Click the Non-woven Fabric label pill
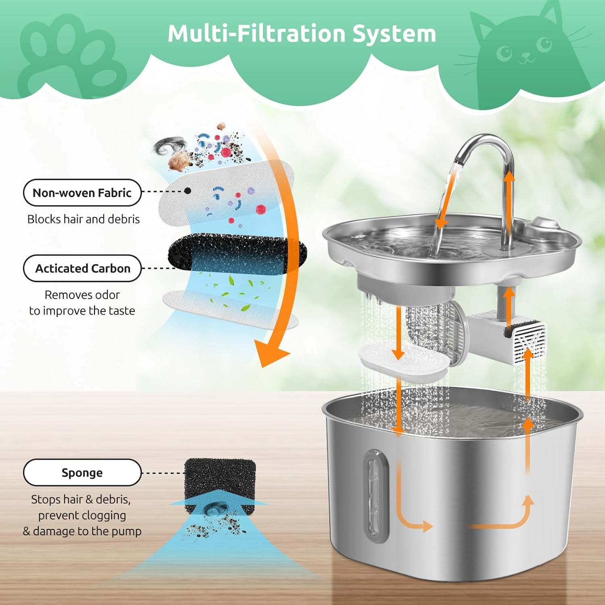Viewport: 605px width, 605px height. point(82,193)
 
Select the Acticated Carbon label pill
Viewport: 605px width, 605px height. point(82,268)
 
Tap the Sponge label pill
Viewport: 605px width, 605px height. point(82,472)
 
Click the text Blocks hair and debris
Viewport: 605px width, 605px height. point(83,219)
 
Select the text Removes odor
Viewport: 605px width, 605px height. point(82,295)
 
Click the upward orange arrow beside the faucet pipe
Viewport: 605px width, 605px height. point(509,190)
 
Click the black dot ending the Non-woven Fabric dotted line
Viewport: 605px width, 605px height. point(188,191)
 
